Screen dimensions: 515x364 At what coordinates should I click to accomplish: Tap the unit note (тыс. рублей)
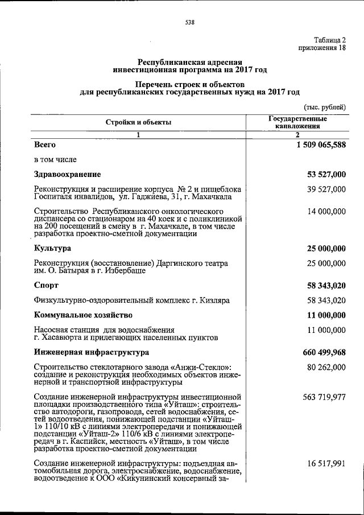coord(324,107)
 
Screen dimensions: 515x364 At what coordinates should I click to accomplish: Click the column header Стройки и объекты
coord(138,122)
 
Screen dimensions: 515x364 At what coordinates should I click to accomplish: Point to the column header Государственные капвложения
coord(297,122)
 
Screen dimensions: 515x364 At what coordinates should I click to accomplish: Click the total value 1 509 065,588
coord(320,145)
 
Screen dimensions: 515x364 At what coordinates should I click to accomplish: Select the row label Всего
coord(45,145)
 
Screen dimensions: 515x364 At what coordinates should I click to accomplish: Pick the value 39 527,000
coord(326,189)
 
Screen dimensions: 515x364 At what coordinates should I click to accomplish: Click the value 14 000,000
coord(326,212)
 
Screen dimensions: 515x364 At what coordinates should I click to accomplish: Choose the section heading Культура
coord(52,249)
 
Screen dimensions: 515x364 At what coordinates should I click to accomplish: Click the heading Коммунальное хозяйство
coord(83,315)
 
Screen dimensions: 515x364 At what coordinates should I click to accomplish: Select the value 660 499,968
coord(322,352)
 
